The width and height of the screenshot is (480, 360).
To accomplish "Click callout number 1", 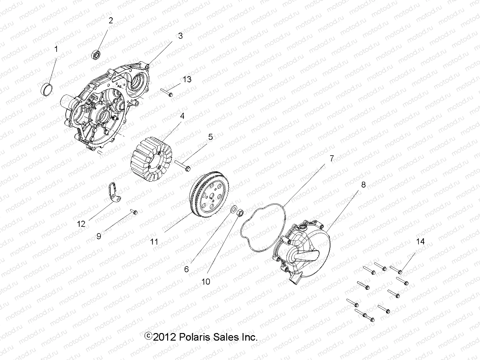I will pos(56,49).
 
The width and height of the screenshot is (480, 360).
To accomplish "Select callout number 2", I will pos(111,21).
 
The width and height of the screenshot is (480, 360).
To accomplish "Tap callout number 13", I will pos(187,79).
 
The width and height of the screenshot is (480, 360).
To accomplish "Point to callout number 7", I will pos(332,158).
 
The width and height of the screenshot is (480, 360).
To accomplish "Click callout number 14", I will pos(420,242).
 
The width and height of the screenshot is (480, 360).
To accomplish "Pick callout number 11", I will pos(154,242).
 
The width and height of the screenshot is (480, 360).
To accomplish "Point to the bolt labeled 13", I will pos(166,93).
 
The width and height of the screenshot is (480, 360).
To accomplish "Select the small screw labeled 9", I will pos(134,212).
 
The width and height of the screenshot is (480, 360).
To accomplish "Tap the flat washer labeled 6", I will pos(234,209).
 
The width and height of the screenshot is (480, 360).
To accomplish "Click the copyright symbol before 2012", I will pos(149,336).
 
